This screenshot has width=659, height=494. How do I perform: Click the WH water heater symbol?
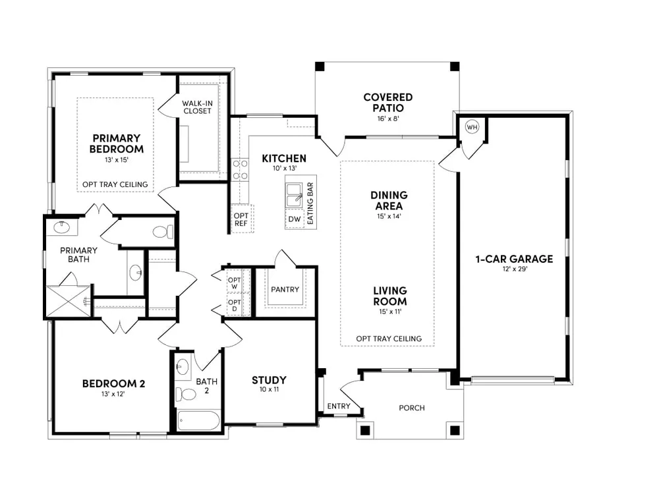472,127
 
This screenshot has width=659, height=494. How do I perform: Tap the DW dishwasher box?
295,219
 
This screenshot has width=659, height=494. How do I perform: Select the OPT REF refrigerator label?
241,220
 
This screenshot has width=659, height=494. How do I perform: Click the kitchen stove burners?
240,170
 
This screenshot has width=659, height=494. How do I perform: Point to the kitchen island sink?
294,196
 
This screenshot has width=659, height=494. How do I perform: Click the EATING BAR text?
310,203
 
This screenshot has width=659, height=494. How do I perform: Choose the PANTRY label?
285,289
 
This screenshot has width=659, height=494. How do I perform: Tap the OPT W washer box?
235,283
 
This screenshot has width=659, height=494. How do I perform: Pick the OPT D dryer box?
235,305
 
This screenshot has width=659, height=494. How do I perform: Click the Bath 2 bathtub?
198,420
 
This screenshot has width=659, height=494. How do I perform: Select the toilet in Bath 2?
185,394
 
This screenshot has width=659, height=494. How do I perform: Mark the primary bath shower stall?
68,301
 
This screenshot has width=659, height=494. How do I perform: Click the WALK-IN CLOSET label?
197,107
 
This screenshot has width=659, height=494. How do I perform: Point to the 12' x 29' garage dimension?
515,269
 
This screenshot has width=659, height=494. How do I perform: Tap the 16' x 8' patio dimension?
388,119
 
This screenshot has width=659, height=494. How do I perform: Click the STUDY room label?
269,380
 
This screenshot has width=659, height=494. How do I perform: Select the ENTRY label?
339,406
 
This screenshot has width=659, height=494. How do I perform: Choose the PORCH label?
412,408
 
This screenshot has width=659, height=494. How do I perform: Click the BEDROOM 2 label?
113,383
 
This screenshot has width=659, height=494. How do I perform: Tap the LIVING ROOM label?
390,296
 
